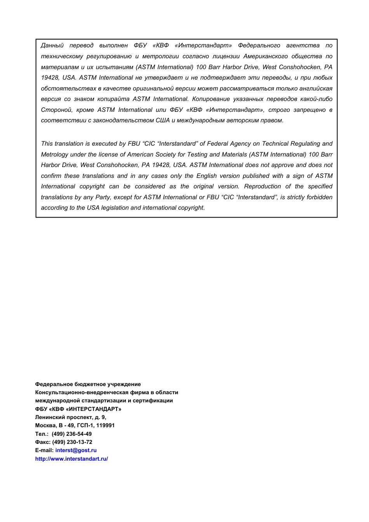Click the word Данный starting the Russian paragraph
click(x=52, y=45)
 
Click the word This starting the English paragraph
click(x=47, y=144)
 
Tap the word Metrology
click(x=54, y=155)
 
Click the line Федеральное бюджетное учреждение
click(x=88, y=384)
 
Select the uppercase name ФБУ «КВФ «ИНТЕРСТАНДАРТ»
click(x=78, y=409)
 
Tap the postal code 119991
click(x=105, y=425)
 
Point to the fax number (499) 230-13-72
click(x=72, y=442)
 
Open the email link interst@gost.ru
click(x=76, y=450)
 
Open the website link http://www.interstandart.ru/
click(x=71, y=459)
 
